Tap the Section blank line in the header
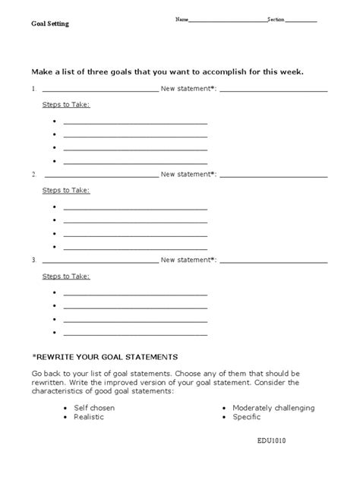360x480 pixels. point(302,20)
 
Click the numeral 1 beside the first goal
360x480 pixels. point(33,89)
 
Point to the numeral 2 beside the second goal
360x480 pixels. point(33,175)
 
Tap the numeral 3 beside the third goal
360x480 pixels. point(33,261)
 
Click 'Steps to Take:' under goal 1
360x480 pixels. point(65,104)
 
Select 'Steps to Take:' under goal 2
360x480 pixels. point(65,190)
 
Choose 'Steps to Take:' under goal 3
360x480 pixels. point(65,276)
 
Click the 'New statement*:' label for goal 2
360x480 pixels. point(188,175)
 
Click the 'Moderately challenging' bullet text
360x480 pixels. point(273,408)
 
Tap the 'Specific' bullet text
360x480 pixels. point(247,417)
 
